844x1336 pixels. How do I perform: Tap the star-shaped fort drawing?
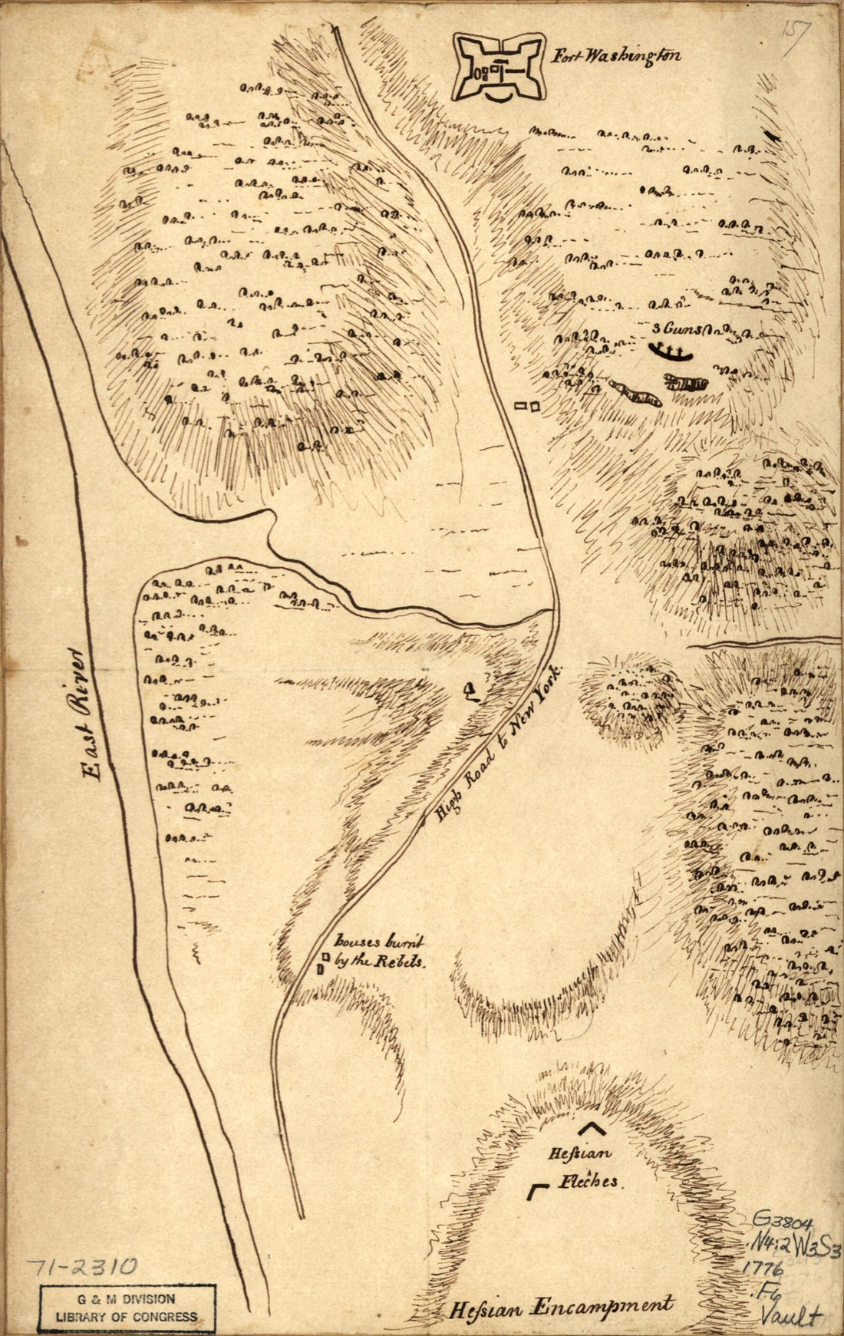498,68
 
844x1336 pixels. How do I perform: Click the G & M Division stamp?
127,1307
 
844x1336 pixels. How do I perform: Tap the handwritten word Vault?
790,1315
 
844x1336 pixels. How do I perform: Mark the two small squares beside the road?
527,404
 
